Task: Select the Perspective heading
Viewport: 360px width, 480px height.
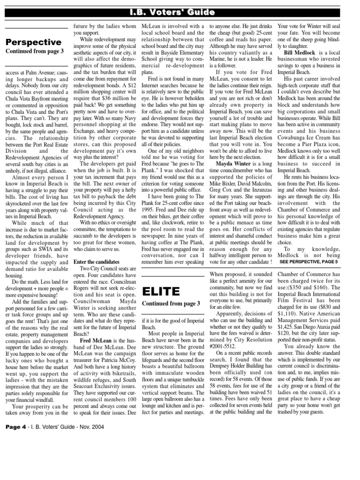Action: tap(33, 42)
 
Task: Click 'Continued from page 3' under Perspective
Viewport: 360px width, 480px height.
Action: tap(34, 51)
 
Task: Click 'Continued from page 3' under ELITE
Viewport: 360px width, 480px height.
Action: tap(171, 304)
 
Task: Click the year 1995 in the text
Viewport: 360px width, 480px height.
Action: tap(150, 204)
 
